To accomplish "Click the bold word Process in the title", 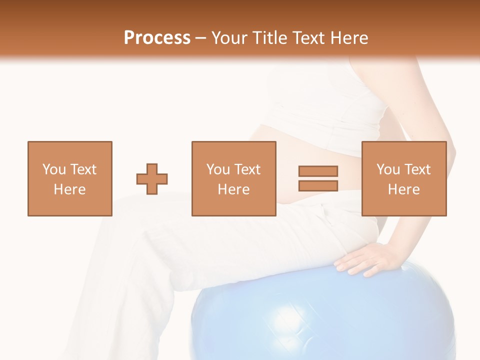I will pos(157,38).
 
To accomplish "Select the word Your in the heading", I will pos(230,38).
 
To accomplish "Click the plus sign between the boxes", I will pos(152,178).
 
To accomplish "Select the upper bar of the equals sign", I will pos(318,171).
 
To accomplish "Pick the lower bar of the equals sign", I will pos(318,185).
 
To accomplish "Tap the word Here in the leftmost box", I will pos(69,189).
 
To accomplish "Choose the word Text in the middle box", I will pos(247,169).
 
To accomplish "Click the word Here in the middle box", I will pos(233,189).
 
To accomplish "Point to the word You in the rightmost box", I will pos(388,169).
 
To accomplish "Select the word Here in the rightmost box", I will pos(403,189).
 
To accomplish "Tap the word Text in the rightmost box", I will pos(417,169).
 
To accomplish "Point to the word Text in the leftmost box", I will pos(83,169).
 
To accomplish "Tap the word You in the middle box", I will pos(218,169).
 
